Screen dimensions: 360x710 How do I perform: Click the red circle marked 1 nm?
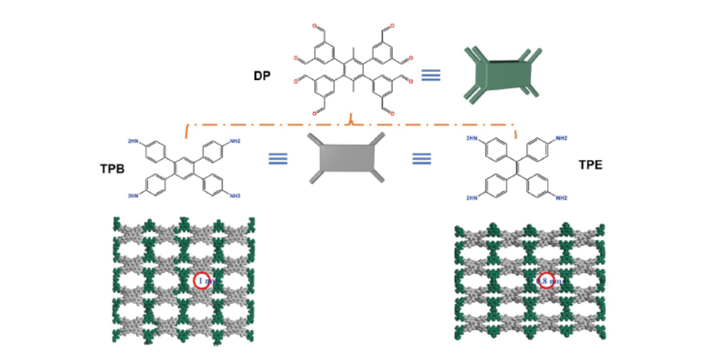[x=202, y=281]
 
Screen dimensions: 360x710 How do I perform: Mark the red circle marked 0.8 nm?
[x=548, y=281]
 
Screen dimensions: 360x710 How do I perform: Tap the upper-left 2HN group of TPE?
[x=471, y=137]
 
